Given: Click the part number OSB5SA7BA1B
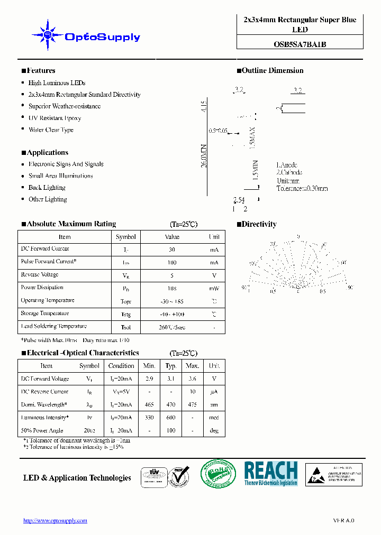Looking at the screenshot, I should (x=300, y=44).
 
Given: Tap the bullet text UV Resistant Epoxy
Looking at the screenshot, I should (x=55, y=118).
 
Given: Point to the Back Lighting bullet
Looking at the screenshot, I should (x=47, y=188).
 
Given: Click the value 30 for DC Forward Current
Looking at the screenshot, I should (x=172, y=250).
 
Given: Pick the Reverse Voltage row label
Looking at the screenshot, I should (x=40, y=275).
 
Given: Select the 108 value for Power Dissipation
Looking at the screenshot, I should (x=172, y=289).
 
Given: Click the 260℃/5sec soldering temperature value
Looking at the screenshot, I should (x=172, y=327).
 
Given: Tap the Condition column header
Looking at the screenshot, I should (x=121, y=366).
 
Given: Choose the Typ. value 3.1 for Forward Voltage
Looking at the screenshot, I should (x=171, y=379).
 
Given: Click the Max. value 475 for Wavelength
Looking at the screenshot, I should (x=193, y=405).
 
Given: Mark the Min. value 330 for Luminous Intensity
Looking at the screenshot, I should (x=149, y=418).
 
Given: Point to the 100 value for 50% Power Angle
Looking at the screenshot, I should (x=171, y=431).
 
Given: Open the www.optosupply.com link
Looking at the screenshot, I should (x=55, y=521).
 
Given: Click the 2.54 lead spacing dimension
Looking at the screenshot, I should (x=239, y=200).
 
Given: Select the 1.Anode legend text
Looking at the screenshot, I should (x=287, y=165).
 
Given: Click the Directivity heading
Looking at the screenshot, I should (x=259, y=224).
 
